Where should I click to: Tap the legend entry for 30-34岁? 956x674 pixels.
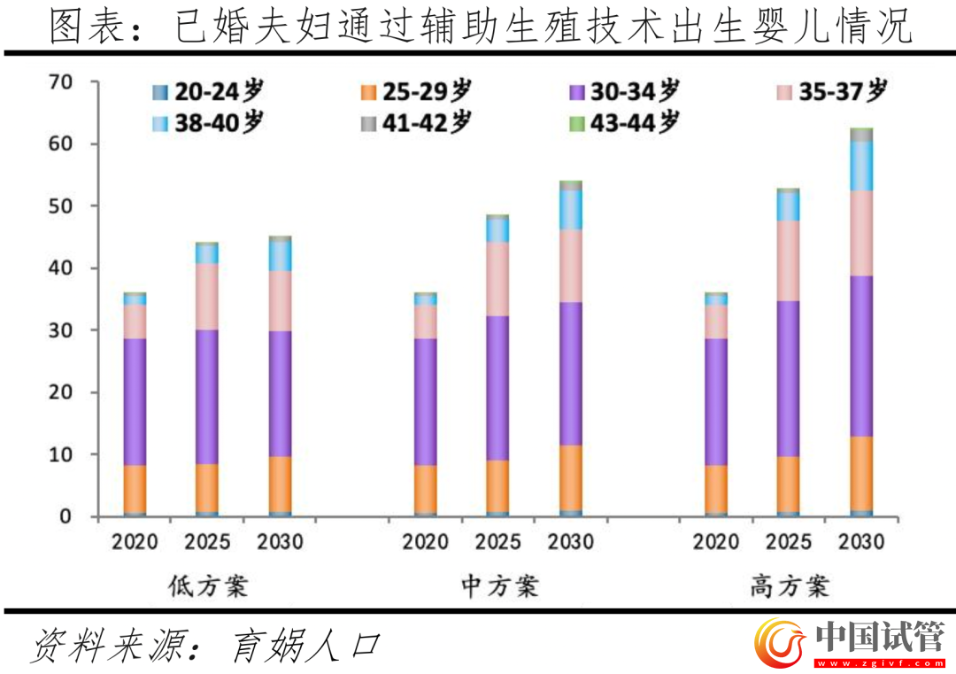(x=624, y=91)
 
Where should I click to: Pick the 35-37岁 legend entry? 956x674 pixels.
(x=832, y=91)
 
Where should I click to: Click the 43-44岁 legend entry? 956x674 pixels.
(x=624, y=123)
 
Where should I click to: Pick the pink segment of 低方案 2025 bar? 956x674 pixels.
(x=207, y=296)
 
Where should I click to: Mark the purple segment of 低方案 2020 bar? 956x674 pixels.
(x=135, y=402)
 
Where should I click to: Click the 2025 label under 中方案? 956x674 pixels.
(x=497, y=541)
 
